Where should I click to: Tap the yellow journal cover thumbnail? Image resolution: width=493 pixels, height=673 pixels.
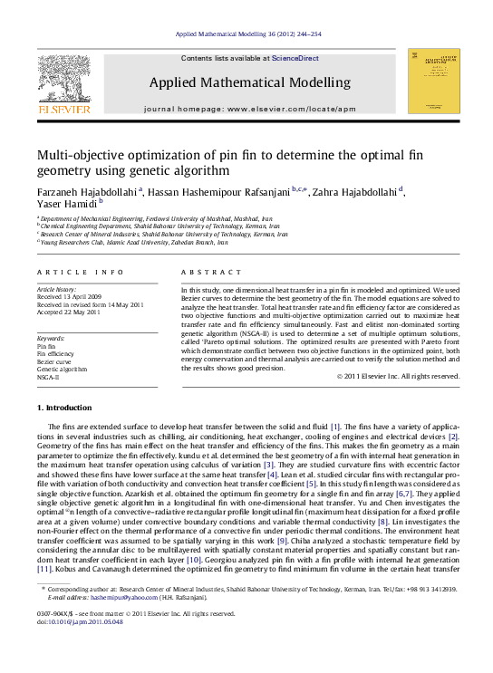click(433, 81)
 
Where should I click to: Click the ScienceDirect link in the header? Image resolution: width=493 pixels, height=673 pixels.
click(296, 58)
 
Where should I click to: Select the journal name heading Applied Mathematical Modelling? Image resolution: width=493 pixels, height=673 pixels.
click(249, 82)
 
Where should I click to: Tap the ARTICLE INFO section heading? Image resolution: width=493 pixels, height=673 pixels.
click(81, 272)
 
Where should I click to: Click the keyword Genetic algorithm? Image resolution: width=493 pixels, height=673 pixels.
click(62, 370)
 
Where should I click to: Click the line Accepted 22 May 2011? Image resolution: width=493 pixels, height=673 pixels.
click(68, 312)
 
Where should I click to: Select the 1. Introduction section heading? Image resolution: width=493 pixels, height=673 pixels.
click(69, 409)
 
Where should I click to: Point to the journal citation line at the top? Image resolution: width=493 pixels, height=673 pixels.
click(246, 34)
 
